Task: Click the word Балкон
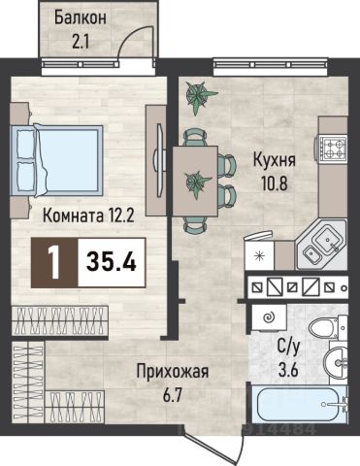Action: tap(80, 17)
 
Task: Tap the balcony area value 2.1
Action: tap(81, 42)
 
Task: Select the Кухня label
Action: tap(275, 160)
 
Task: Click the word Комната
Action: tap(73, 216)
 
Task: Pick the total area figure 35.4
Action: tap(111, 262)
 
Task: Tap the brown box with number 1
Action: tap(54, 262)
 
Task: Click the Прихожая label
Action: tap(173, 372)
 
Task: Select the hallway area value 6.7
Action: tap(173, 395)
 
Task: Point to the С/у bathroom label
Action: tap(288, 348)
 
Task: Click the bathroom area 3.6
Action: tap(288, 370)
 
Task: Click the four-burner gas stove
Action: tap(333, 148)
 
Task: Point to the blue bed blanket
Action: tap(69, 160)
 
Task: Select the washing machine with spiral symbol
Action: tap(269, 316)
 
